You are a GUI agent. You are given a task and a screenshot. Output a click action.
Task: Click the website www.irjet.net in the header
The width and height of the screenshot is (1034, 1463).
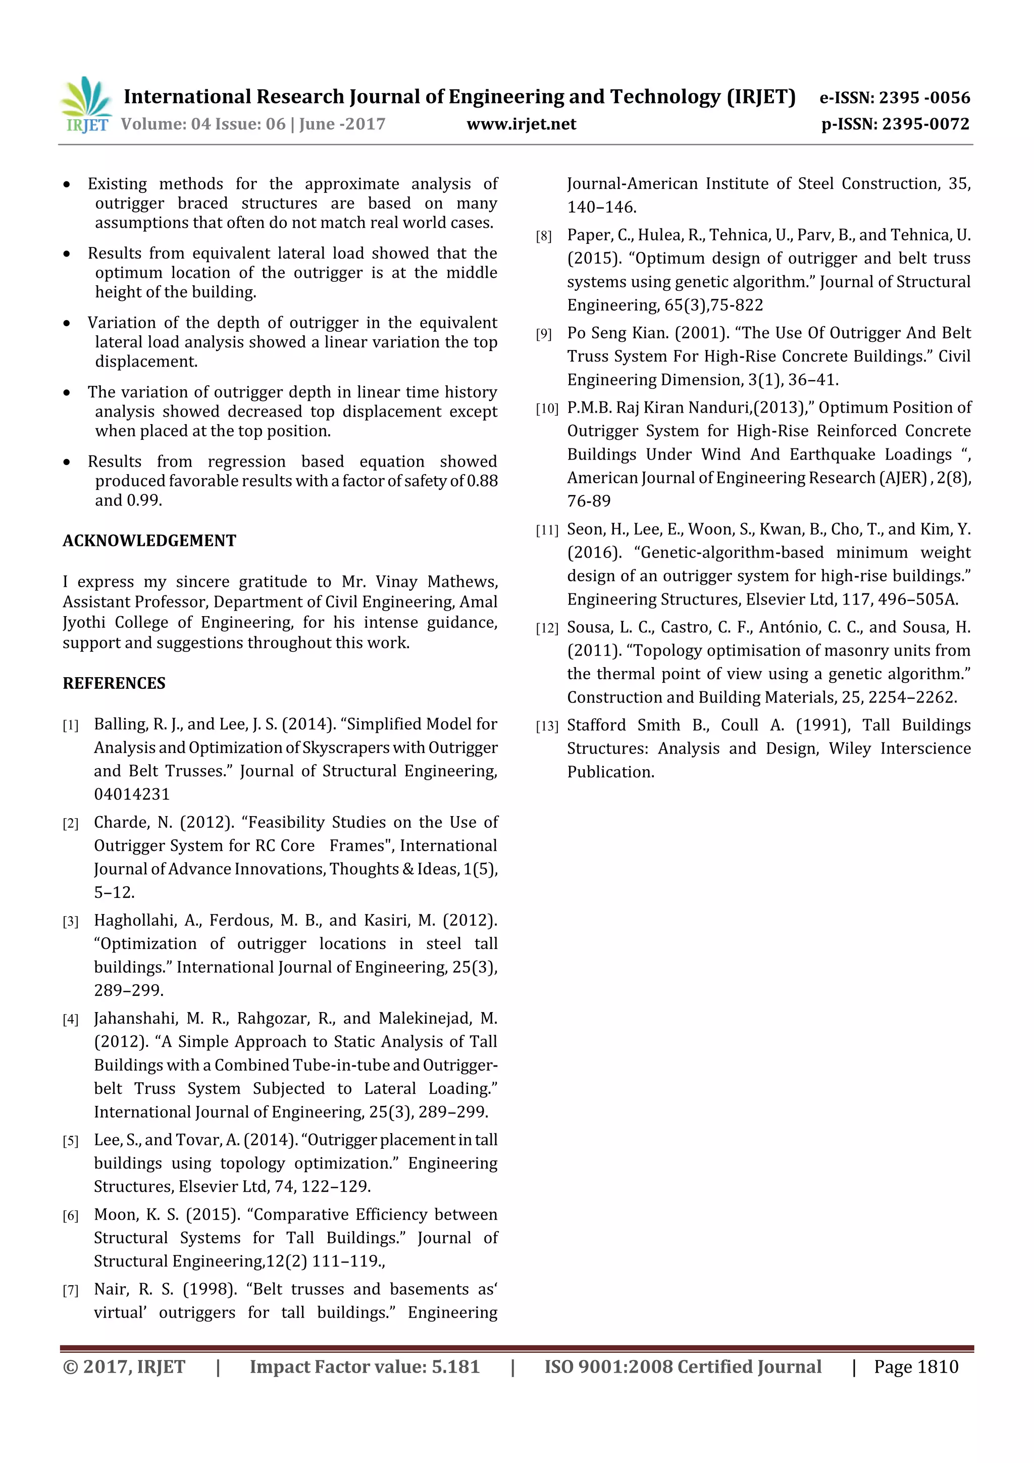click(521, 124)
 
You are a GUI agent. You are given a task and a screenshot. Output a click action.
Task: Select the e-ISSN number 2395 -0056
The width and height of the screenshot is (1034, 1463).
click(924, 97)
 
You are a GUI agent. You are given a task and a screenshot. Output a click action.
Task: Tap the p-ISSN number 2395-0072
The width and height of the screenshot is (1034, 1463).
click(925, 124)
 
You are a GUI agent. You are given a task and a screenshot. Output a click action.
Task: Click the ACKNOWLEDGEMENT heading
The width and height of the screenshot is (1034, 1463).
click(149, 540)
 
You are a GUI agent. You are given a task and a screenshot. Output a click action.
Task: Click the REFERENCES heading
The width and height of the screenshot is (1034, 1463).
click(114, 683)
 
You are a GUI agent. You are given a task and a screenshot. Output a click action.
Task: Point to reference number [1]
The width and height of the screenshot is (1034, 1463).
click(71, 725)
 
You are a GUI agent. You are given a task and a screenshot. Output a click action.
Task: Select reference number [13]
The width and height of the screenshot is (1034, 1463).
click(547, 726)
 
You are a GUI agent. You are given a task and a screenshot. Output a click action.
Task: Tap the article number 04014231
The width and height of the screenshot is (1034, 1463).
click(132, 794)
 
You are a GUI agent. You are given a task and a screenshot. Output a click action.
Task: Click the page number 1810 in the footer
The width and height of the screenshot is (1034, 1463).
click(937, 1367)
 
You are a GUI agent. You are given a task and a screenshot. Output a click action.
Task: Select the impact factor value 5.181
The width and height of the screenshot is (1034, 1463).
click(455, 1367)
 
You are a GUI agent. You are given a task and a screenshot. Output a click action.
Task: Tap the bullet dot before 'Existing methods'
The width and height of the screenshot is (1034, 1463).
click(67, 185)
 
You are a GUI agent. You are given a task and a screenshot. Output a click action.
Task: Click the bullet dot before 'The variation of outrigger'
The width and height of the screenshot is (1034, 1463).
click(67, 393)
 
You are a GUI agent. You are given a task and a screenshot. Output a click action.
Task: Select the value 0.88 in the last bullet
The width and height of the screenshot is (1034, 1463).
click(482, 481)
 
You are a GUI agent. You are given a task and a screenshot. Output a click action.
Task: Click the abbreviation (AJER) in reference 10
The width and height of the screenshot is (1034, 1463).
click(903, 478)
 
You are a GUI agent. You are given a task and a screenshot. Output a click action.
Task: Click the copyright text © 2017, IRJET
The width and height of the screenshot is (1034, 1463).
click(124, 1367)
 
